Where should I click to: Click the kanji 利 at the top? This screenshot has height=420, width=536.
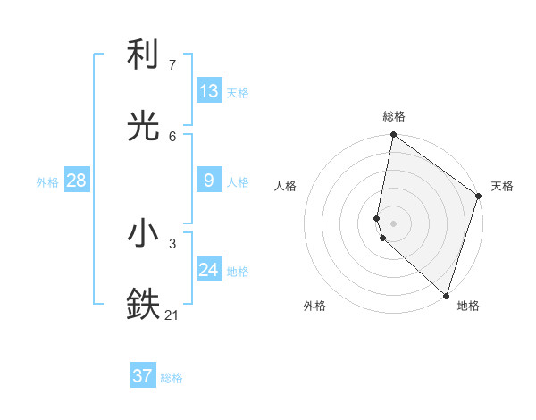144,55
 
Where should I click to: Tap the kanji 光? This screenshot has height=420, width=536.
144,126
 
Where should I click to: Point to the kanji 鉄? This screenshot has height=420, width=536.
144,304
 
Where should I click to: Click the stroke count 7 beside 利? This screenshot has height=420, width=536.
172,64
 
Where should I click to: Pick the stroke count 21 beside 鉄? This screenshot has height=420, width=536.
172,314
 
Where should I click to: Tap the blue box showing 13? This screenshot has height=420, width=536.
209,91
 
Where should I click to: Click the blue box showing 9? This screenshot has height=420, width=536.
209,181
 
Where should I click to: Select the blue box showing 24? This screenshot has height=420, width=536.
209,270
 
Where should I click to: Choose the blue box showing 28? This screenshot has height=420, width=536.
76,181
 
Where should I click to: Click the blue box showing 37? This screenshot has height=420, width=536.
143,376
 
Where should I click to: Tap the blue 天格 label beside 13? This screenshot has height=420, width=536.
238,93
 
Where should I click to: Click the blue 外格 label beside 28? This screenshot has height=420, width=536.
47,182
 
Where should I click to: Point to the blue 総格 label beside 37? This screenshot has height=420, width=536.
172,378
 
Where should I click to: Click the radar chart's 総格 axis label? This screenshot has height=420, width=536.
394,116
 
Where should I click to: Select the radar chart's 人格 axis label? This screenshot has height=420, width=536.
286,186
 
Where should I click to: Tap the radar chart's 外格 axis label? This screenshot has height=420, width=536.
314,306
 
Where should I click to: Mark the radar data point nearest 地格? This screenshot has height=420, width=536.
446,296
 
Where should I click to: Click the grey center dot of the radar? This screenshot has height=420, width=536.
394,223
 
